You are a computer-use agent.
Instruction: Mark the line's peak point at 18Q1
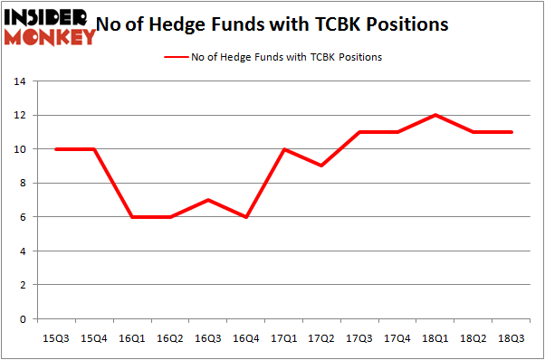tap(435, 115)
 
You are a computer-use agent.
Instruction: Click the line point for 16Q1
tap(132, 217)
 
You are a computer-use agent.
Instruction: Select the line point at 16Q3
tap(208, 200)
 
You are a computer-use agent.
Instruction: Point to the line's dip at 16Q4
tap(246, 217)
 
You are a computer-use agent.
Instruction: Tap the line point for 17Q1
tap(284, 149)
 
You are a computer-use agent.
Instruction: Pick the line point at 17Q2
tap(322, 166)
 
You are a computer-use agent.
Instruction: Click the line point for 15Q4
tap(94, 149)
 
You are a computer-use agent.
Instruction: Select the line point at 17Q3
tap(360, 132)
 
